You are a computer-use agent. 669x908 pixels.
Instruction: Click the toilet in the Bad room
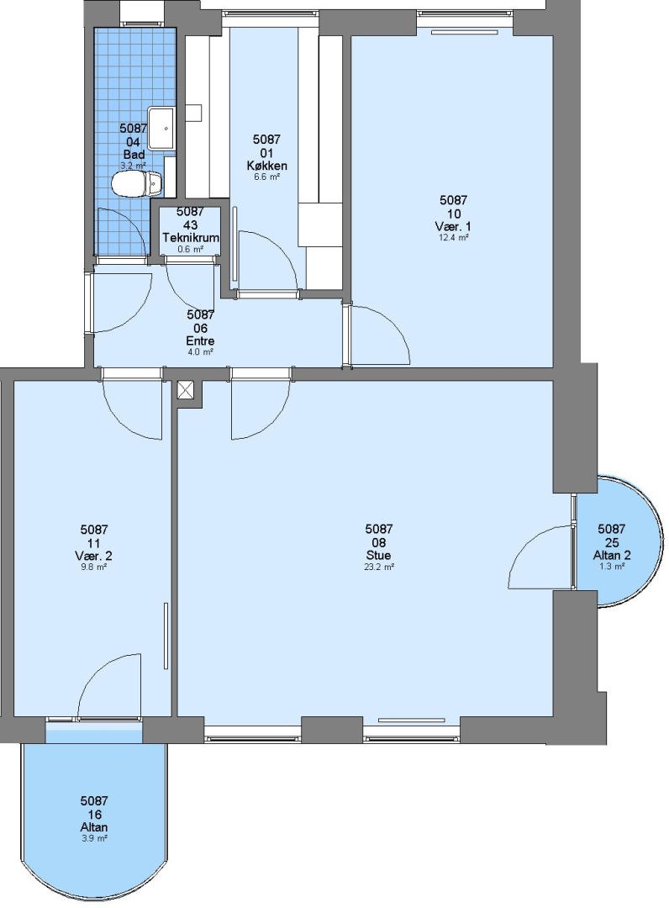(x=137, y=184)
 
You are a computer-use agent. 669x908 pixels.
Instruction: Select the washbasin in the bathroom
(x=161, y=128)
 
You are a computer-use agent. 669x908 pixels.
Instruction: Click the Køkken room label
(x=266, y=166)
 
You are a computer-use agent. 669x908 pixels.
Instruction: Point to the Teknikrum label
(x=191, y=238)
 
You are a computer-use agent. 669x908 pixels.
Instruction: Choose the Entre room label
(x=200, y=341)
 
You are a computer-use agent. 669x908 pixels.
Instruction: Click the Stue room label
(x=379, y=556)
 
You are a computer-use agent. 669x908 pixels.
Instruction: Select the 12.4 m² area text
(x=453, y=237)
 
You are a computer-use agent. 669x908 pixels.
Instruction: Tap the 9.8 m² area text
(x=94, y=567)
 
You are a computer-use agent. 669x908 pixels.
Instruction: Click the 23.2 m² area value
(x=379, y=567)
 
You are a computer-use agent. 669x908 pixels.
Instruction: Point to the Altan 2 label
(x=612, y=556)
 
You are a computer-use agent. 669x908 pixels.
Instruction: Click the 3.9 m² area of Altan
(x=94, y=838)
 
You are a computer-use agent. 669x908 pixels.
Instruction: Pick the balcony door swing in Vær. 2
(x=109, y=685)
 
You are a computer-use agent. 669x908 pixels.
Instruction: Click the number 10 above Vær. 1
(x=454, y=214)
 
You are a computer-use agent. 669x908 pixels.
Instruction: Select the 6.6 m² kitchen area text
(x=266, y=177)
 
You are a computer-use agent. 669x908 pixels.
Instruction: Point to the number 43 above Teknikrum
(x=191, y=225)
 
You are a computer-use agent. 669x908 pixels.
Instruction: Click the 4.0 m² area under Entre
(x=200, y=351)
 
